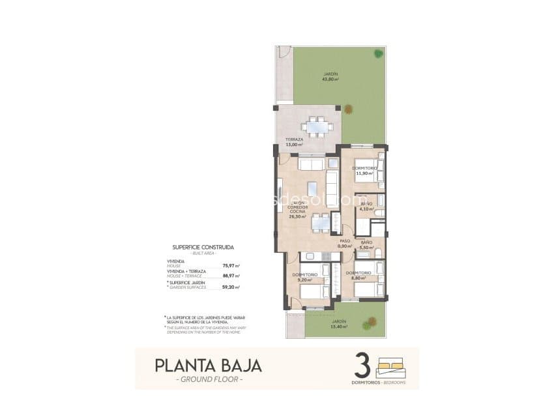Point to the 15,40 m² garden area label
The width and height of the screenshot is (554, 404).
pyautogui.click(x=338, y=324)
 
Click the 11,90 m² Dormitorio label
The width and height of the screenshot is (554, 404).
pyautogui.click(x=364, y=171)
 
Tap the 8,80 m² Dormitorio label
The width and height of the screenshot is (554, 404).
pyautogui.click(x=358, y=276)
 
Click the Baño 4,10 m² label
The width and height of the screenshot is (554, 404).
pyautogui.click(x=366, y=207)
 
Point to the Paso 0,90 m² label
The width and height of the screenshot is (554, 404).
pyautogui.click(x=345, y=243)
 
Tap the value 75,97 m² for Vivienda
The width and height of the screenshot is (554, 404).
pyautogui.click(x=231, y=266)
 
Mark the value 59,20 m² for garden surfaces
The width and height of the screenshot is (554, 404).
pyautogui.click(x=231, y=287)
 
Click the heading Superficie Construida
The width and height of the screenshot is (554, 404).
pyautogui.click(x=203, y=248)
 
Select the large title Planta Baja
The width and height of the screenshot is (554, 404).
pyautogui.click(x=208, y=366)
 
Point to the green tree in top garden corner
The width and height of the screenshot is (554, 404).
pyautogui.click(x=377, y=53)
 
